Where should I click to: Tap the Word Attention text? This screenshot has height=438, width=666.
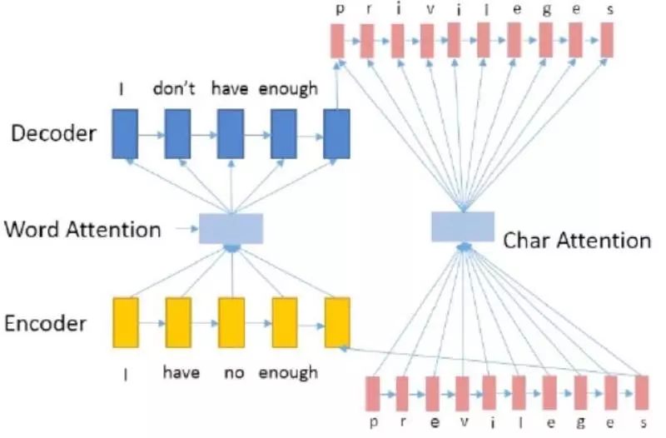click(x=82, y=228)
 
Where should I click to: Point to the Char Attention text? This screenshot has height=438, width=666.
click(x=577, y=241)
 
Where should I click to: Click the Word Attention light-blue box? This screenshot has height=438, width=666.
click(x=231, y=228)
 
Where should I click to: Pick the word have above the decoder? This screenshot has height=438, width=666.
click(x=231, y=89)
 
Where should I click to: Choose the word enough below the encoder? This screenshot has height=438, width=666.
click(x=288, y=372)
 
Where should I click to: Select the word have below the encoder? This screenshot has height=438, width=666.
click(x=181, y=372)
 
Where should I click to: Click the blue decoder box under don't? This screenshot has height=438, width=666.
click(x=178, y=134)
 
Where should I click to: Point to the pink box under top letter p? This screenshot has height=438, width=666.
click(x=337, y=40)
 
